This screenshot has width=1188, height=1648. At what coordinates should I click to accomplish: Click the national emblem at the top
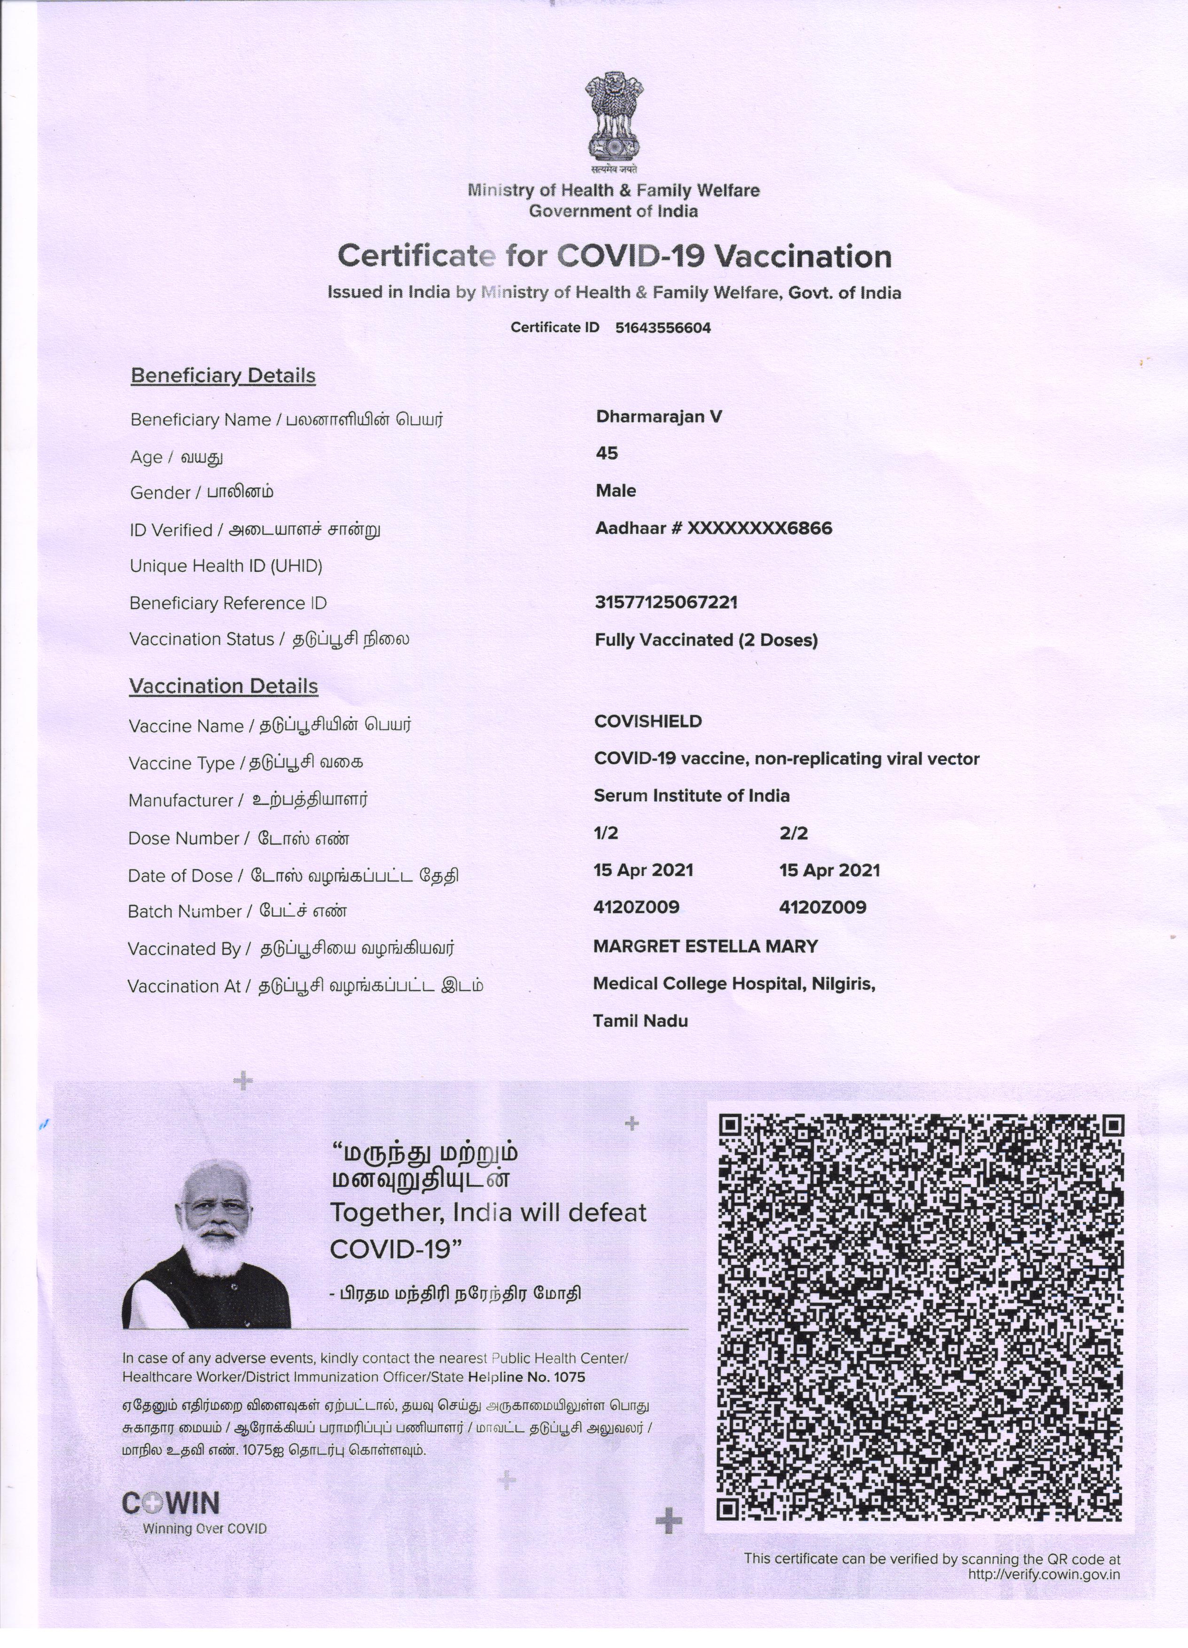pyautogui.click(x=614, y=120)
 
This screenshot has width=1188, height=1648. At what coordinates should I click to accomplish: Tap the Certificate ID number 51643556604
pyautogui.click(x=663, y=328)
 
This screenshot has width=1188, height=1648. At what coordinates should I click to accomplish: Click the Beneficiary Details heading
pyautogui.click(x=223, y=375)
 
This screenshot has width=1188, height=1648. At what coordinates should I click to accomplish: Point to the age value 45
pyautogui.click(x=607, y=453)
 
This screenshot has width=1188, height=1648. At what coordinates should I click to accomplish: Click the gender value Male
pyautogui.click(x=616, y=491)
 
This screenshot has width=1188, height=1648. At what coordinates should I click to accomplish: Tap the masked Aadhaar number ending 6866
pyautogui.click(x=713, y=528)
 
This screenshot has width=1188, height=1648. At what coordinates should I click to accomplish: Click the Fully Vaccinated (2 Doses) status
pyautogui.click(x=705, y=640)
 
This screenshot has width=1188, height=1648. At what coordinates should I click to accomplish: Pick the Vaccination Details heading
pyautogui.click(x=223, y=687)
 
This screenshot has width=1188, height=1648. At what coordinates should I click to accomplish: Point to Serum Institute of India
pyautogui.click(x=691, y=796)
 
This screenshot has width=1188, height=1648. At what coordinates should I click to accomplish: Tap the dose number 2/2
pyautogui.click(x=793, y=834)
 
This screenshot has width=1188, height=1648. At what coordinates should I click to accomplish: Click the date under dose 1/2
pyautogui.click(x=643, y=870)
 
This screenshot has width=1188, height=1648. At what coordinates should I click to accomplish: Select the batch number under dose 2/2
pyautogui.click(x=822, y=907)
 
